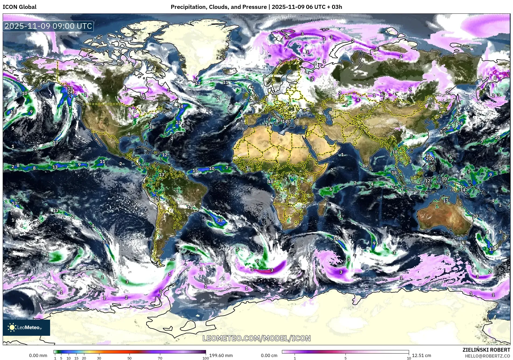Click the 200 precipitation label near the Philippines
[430, 158]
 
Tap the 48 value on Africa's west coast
[271, 182]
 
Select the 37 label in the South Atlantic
[220, 220]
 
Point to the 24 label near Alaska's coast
[70, 92]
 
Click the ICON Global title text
[19, 7]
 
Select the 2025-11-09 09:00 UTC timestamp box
[48, 26]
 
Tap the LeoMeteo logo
[26, 327]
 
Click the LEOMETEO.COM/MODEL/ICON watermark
[256, 338]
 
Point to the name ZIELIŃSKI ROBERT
[486, 350]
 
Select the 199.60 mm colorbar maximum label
[221, 355]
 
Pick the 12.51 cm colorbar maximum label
[421, 355]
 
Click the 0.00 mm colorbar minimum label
[38, 355]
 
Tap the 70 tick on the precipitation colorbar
[160, 358]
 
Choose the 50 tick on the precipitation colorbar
[130, 358]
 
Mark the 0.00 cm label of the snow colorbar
[269, 355]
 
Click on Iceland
[230, 71]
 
